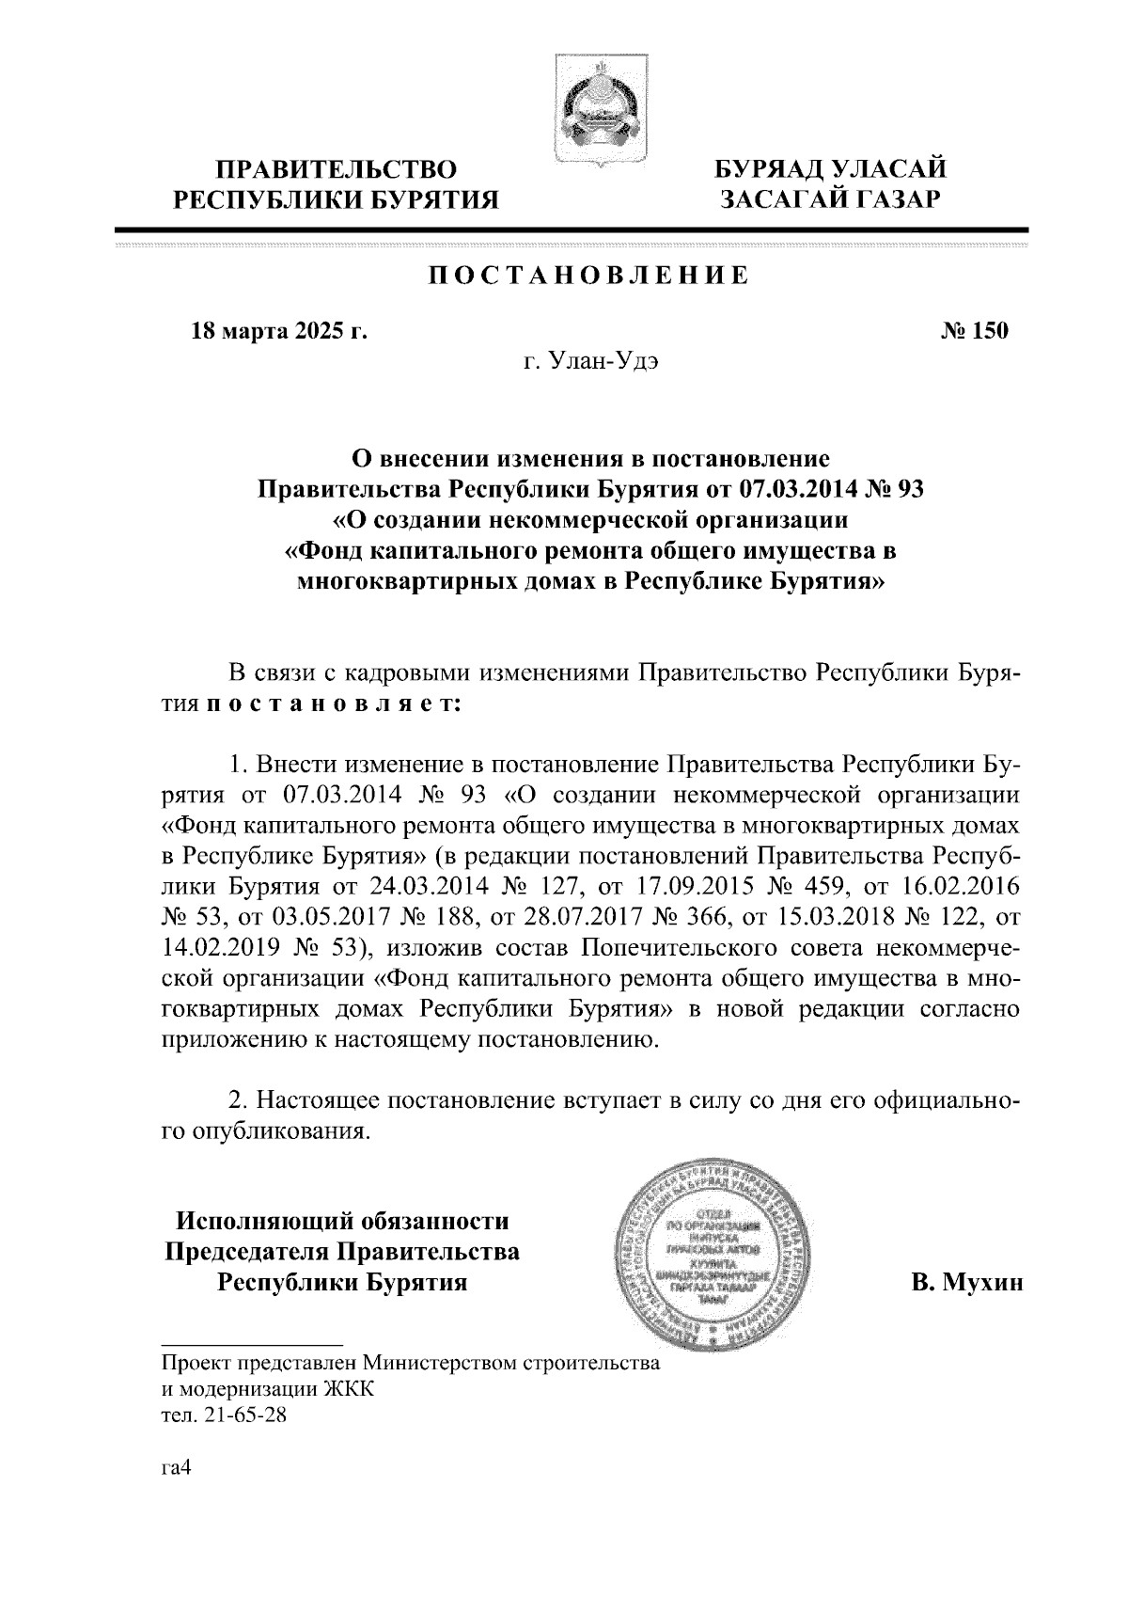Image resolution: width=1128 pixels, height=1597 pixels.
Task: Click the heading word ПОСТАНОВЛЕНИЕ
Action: [589, 276]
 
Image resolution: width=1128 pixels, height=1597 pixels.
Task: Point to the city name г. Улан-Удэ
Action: [591, 362]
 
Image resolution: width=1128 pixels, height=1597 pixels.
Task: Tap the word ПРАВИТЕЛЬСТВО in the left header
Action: [338, 169]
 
